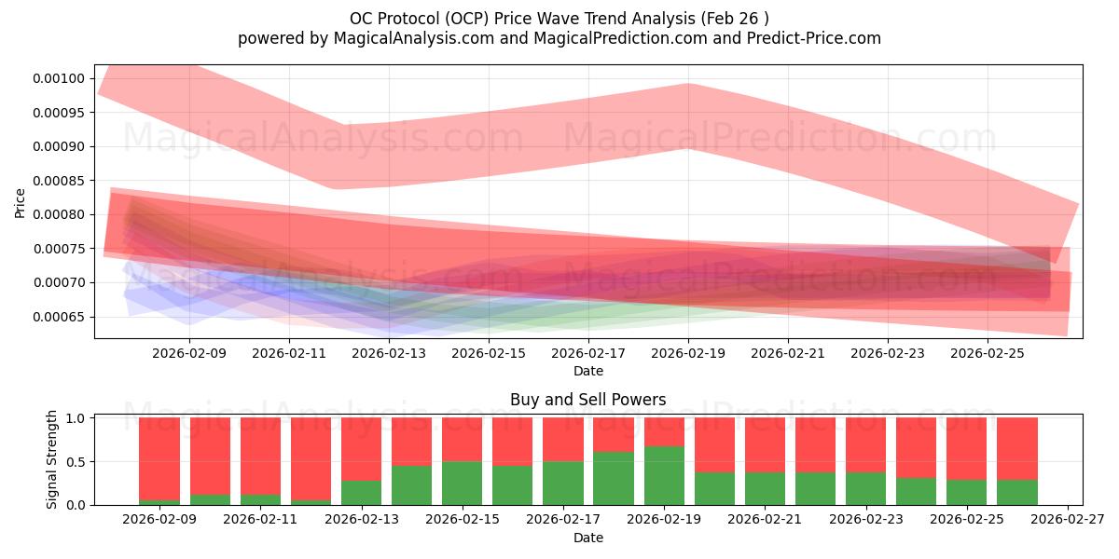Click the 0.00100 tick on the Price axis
coord(59,79)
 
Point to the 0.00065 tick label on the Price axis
coord(59,318)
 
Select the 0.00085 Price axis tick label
coord(59,181)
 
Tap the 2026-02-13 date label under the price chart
coord(389,353)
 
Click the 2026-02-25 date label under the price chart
coord(988,353)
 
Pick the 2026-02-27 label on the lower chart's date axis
coord(1068,520)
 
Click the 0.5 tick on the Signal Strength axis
coord(76,462)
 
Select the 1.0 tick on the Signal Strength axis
coord(76,418)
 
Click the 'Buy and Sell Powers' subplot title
coord(588,400)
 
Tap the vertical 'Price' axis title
coord(20,203)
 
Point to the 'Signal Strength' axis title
coord(51,459)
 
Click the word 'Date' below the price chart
coord(588,372)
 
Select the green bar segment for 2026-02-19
coord(664,476)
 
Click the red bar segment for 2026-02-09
coord(159,458)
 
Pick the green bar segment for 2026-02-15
coord(463,484)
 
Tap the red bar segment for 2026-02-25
coord(967,449)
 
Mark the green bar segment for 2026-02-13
coord(361,493)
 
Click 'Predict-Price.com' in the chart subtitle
coord(814,38)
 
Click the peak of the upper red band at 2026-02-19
coord(688,83)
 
